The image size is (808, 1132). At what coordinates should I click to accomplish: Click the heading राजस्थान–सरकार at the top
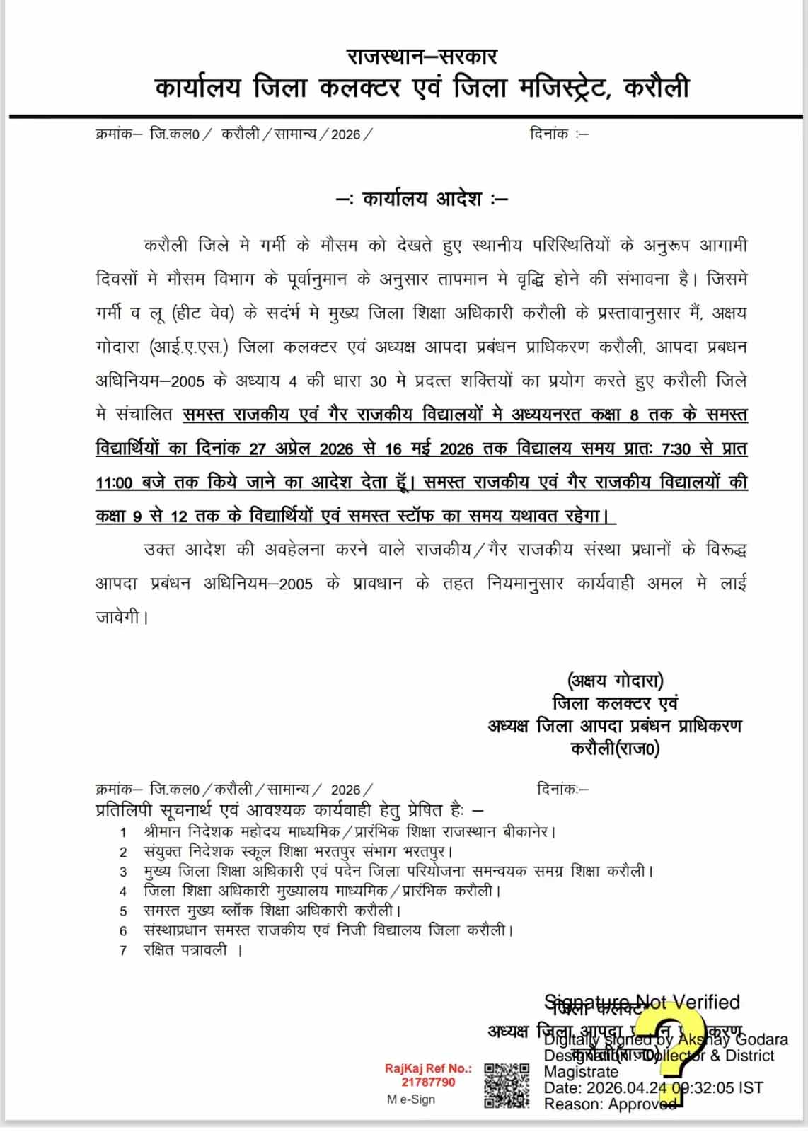[x=422, y=56]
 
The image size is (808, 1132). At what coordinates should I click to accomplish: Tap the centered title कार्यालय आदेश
[x=422, y=199]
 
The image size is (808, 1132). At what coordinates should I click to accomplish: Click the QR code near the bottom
[x=507, y=1085]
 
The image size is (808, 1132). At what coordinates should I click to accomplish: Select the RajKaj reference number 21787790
[x=429, y=1082]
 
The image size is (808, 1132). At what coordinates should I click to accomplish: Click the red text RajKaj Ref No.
[x=428, y=1068]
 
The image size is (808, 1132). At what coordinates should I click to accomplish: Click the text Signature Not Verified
[x=642, y=1002]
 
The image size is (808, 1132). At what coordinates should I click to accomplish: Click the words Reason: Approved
[x=610, y=1104]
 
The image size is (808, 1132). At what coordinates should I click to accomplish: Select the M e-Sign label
[x=410, y=1099]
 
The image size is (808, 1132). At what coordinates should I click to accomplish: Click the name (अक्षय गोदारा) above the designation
[x=615, y=681]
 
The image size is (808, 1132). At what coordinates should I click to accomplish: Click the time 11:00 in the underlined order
[x=114, y=483]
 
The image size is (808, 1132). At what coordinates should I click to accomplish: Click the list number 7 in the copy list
[x=123, y=951]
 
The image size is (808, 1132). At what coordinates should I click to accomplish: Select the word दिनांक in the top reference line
[x=549, y=134]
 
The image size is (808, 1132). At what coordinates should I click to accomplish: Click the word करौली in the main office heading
[x=657, y=88]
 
